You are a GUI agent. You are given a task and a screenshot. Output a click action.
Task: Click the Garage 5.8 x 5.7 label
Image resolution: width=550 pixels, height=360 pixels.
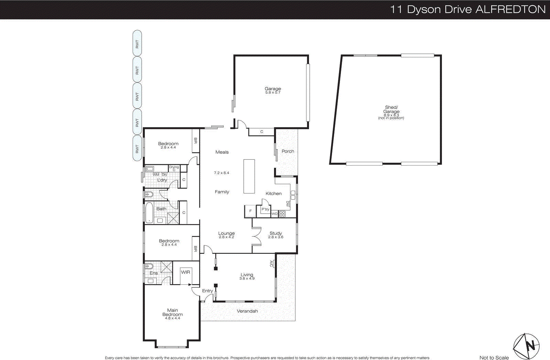pyautogui.click(x=273, y=90)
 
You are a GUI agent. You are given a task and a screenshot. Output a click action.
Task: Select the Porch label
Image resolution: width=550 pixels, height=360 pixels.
pyautogui.click(x=288, y=151)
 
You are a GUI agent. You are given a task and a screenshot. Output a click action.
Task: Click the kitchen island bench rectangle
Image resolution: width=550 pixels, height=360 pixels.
pyautogui.click(x=249, y=176)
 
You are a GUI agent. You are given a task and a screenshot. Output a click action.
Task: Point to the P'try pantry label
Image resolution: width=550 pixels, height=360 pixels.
pyautogui.click(x=265, y=209)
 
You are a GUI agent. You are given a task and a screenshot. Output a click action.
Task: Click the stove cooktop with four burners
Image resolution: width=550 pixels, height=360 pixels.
pyautogui.click(x=282, y=214)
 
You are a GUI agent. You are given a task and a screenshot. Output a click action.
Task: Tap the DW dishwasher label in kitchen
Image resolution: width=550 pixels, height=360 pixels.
pyautogui.click(x=287, y=204)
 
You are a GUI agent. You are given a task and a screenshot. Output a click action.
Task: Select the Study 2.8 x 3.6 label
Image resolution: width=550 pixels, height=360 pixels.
pyautogui.click(x=276, y=235)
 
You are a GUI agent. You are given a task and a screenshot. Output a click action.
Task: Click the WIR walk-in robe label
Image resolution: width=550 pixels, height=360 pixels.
pyautogui.click(x=185, y=272)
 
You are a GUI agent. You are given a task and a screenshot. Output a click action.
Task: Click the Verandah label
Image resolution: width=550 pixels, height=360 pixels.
pyautogui.click(x=247, y=311)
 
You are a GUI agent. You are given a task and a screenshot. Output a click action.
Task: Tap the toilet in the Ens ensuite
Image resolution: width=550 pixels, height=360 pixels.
pyautogui.click(x=148, y=266)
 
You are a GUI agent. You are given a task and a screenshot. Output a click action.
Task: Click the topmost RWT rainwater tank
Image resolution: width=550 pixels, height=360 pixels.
pyautogui.click(x=137, y=44)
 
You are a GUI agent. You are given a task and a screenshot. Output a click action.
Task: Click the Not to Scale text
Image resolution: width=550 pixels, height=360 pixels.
pyautogui.click(x=494, y=358)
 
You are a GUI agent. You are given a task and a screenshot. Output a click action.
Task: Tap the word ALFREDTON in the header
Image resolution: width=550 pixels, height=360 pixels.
pyautogui.click(x=510, y=9)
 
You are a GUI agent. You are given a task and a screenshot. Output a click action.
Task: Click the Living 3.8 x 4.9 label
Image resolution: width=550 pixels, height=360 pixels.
pyautogui.click(x=247, y=276)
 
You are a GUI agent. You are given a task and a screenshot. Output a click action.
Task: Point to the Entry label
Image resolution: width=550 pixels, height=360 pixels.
pyautogui.click(x=207, y=291)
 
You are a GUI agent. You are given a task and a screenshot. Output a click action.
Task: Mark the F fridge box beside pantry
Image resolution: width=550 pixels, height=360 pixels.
pyautogui.click(x=250, y=211)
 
